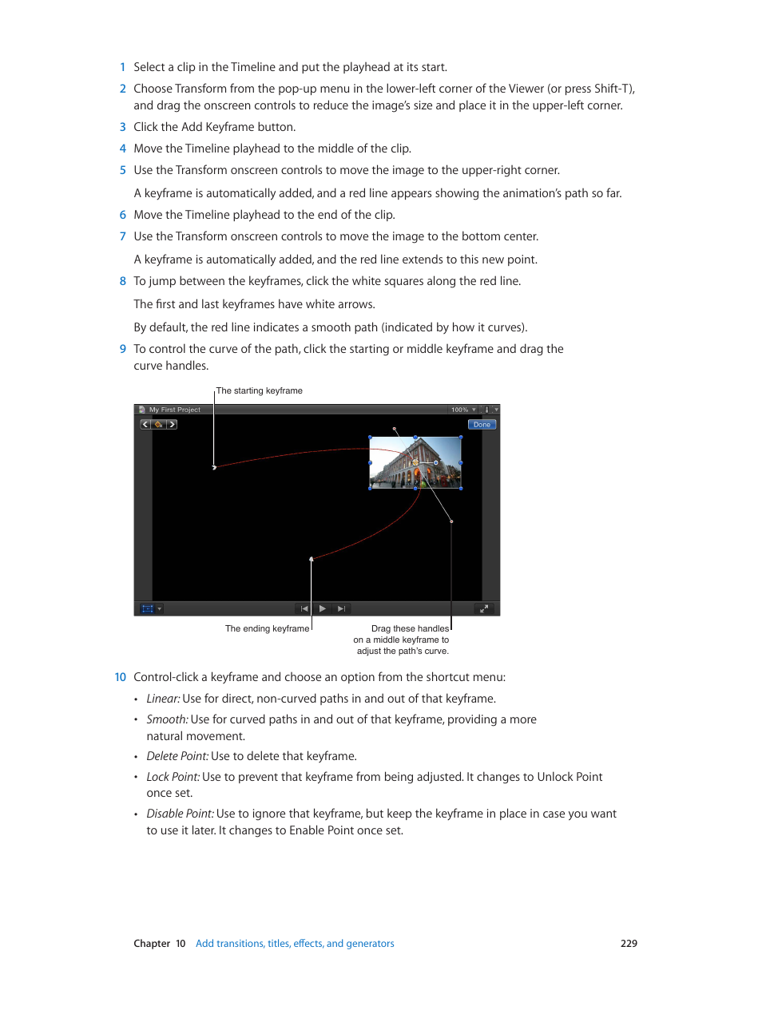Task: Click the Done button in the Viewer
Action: point(482,425)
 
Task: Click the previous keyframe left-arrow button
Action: point(145,425)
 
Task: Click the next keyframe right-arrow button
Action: point(172,425)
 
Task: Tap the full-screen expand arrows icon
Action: point(483,608)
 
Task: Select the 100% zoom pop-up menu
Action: point(463,410)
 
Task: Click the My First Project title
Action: point(174,410)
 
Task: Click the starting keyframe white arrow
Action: point(214,467)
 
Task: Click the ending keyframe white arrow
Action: point(312,559)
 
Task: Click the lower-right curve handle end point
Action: point(451,521)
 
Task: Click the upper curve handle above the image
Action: point(395,429)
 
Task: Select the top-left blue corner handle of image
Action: point(370,438)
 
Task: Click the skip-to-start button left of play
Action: point(304,608)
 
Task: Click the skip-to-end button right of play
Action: point(341,608)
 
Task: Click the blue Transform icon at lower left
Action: point(147,608)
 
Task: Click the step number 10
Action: point(120,677)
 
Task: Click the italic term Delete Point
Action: point(177,756)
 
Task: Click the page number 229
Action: point(629,943)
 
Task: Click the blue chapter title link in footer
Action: point(295,943)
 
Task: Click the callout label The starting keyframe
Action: point(260,390)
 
